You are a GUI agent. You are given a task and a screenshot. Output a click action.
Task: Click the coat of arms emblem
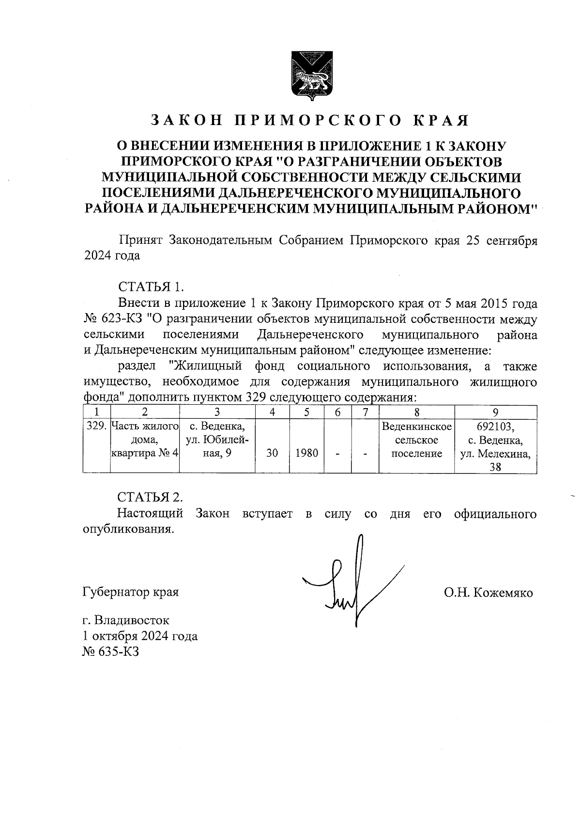tap(310, 76)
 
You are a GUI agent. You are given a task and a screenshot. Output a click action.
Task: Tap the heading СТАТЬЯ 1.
tap(151, 286)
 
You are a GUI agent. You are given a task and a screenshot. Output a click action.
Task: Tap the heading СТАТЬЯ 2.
tap(151, 497)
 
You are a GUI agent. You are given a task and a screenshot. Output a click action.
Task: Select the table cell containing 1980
tap(307, 453)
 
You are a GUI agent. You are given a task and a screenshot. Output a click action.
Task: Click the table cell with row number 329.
tap(96, 427)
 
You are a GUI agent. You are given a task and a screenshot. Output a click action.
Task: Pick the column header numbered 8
tap(417, 412)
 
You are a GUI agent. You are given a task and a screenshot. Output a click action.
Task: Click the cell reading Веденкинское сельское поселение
tap(417, 440)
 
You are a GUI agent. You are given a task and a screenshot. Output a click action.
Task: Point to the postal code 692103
tap(495, 427)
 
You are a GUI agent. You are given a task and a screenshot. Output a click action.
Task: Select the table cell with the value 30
tap(272, 453)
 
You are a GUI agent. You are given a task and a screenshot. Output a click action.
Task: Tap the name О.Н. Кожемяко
tap(488, 592)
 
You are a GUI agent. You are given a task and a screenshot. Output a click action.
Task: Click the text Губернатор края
tap(131, 592)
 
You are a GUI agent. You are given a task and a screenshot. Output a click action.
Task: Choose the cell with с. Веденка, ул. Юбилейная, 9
tap(217, 440)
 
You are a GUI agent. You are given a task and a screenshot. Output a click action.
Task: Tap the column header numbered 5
tap(307, 412)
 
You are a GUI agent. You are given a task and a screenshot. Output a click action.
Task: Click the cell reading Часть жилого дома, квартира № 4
tap(145, 440)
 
